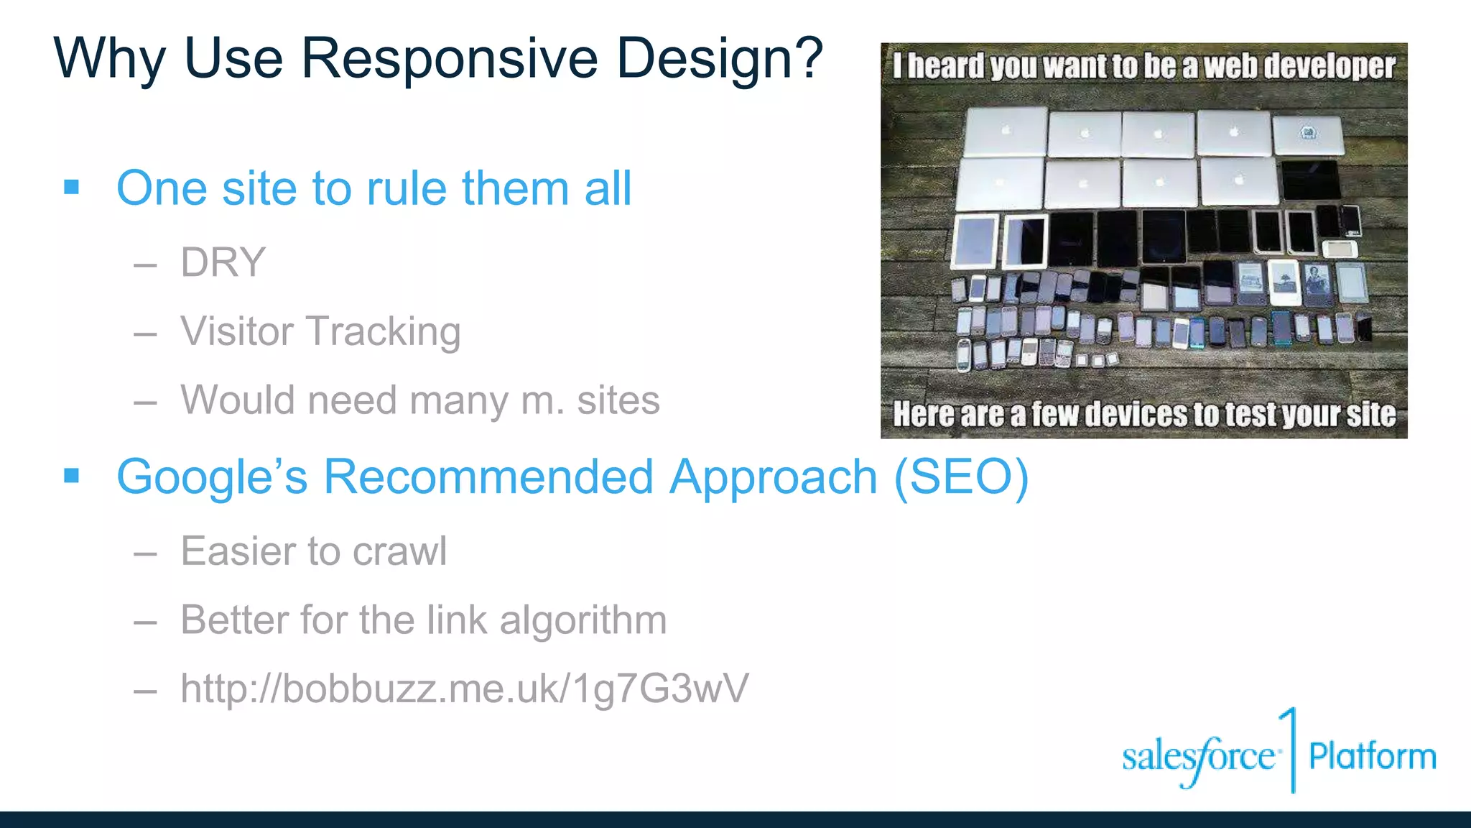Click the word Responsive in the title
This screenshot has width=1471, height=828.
pyautogui.click(x=449, y=59)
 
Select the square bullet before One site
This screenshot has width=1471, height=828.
pyautogui.click(x=71, y=188)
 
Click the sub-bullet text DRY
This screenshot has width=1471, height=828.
pyautogui.click(x=223, y=262)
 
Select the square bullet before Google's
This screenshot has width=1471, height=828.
pyautogui.click(x=71, y=476)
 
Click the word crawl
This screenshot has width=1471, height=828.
pyautogui.click(x=399, y=551)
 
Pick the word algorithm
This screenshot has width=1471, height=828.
pyautogui.click(x=583, y=620)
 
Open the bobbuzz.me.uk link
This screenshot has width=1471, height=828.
pyautogui.click(x=464, y=689)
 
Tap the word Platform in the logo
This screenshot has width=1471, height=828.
pyautogui.click(x=1372, y=757)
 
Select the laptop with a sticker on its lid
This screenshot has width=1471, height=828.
pyautogui.click(x=1308, y=134)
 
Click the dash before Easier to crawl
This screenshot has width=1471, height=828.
pyautogui.click(x=145, y=553)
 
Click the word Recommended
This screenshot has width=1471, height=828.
pyautogui.click(x=488, y=477)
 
